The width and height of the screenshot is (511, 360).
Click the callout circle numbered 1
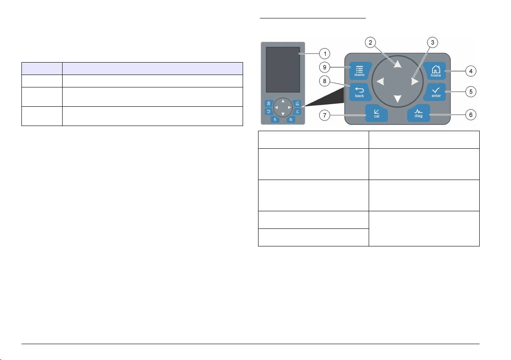click(325, 54)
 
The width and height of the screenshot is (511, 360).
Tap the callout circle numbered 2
click(370, 42)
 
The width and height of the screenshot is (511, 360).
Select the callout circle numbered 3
click(433, 42)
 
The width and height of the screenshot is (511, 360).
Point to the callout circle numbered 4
click(471, 71)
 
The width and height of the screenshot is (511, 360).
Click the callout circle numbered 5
click(471, 92)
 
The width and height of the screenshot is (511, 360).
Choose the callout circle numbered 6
click(471, 115)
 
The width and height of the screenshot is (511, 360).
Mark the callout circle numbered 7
click(325, 115)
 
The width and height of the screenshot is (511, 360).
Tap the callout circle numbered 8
click(325, 81)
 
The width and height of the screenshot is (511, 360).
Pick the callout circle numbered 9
click(325, 67)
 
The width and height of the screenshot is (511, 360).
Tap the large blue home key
click(435, 71)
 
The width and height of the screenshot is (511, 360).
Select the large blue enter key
click(435, 92)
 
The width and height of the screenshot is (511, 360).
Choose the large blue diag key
click(418, 113)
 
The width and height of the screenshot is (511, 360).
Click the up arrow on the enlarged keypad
click(397, 63)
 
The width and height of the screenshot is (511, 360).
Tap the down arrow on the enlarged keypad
click(397, 99)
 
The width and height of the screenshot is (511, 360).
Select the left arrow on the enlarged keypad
click(380, 81)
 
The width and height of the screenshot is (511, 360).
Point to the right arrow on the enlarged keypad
click(415, 81)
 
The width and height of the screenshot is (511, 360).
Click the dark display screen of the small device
click(283, 70)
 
